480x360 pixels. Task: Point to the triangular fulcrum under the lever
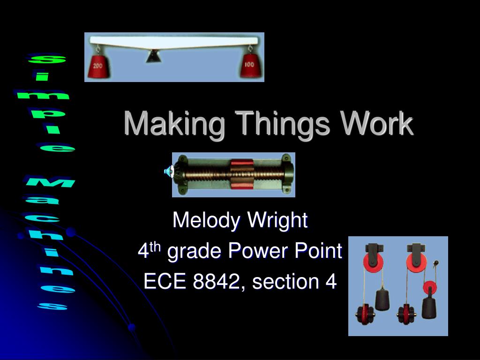pyautogui.click(x=152, y=57)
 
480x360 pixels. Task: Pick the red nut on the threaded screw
pyautogui.click(x=241, y=173)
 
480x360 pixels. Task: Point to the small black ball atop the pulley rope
pyautogui.click(x=436, y=263)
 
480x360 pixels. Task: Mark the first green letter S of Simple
pyautogui.click(x=47, y=60)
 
